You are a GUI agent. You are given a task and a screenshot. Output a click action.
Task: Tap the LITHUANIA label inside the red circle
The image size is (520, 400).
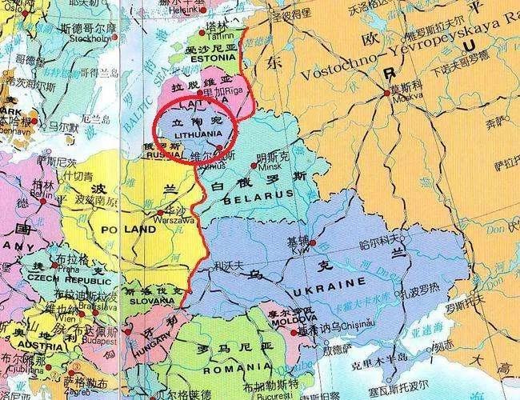(194, 134)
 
